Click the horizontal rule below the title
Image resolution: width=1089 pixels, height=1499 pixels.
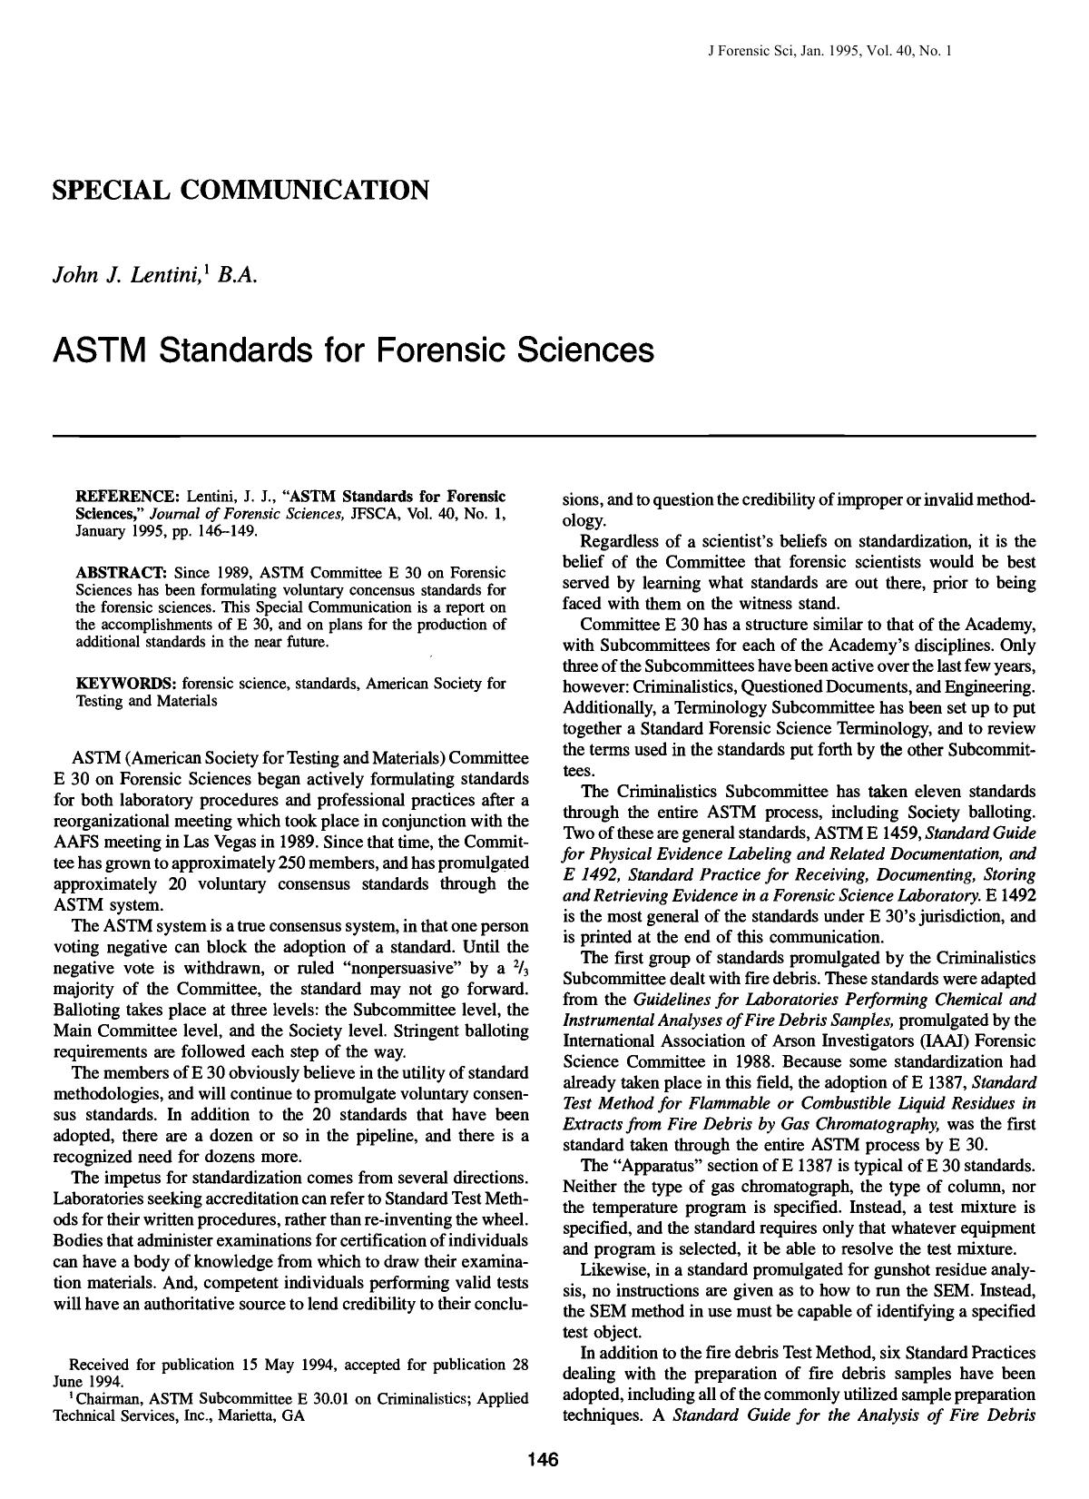coord(544,437)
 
